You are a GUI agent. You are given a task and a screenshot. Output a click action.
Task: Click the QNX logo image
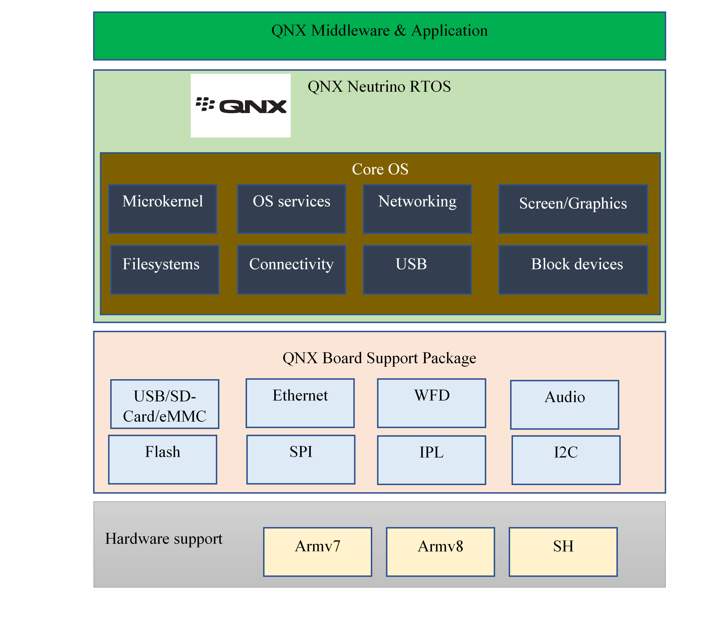240,105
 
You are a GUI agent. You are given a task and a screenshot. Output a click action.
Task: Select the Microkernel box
162,209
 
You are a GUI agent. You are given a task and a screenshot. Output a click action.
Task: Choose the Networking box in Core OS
417,209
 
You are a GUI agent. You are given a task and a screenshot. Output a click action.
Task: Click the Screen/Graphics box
573,209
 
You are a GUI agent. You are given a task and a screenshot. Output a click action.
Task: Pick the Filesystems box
165,270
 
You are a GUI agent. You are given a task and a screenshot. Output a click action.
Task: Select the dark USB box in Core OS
417,270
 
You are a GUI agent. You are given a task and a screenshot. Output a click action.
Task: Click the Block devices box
573,270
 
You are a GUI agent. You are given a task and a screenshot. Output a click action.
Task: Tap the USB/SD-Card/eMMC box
165,404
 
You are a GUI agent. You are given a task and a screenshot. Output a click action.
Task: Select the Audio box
565,405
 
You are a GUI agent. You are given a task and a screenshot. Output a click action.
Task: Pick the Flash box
162,459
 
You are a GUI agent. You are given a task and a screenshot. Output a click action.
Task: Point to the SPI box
301,459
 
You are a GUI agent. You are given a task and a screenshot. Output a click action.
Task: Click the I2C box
566,460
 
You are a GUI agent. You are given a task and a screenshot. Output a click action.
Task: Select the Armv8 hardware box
440,552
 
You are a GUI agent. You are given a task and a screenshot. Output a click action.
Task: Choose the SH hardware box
563,552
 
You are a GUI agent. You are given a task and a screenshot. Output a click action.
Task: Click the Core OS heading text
380,169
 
